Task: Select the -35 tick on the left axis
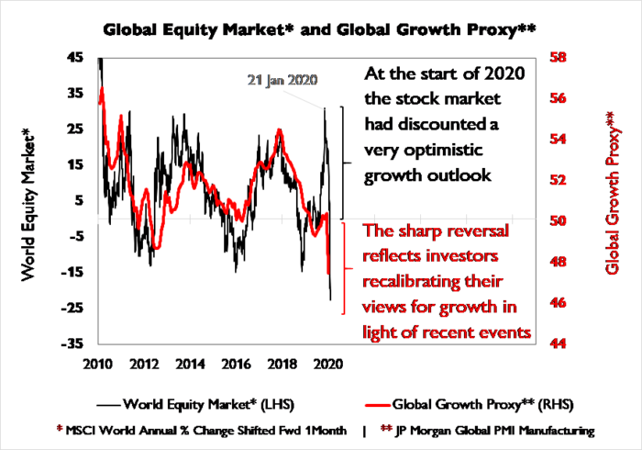[72, 344]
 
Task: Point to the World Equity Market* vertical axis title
[28, 203]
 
